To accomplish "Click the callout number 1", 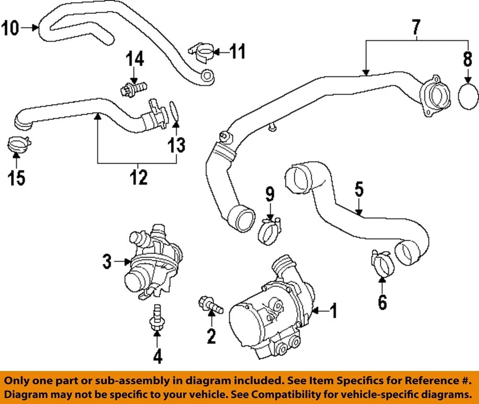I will (333, 312).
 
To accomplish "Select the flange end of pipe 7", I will (432, 96).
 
